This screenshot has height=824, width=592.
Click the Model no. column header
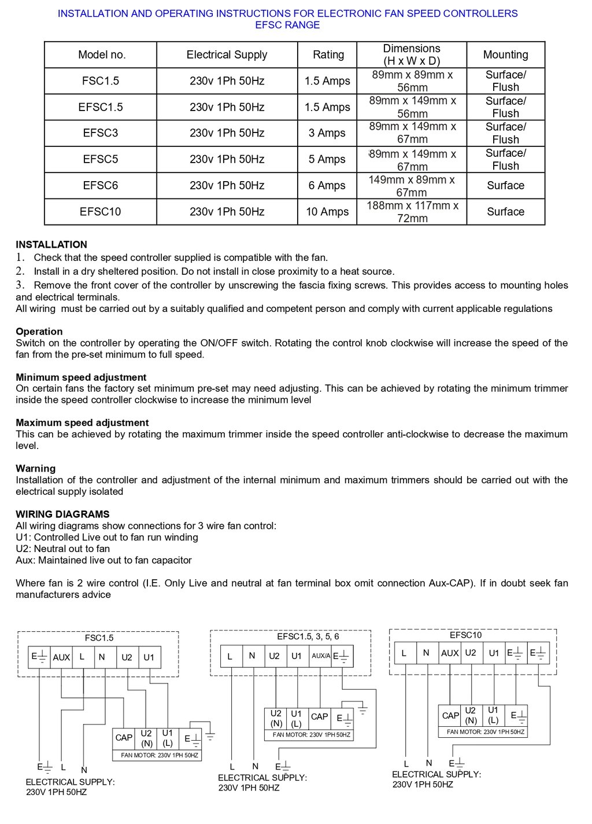click(x=102, y=55)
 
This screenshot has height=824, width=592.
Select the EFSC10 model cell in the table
click(x=101, y=212)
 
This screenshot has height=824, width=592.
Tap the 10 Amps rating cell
click(x=327, y=212)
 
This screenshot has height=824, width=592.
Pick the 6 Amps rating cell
click(x=327, y=186)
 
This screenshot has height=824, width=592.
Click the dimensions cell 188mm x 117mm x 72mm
click(x=412, y=212)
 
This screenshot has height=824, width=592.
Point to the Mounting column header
click(x=505, y=55)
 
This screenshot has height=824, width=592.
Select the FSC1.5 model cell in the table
click(x=101, y=81)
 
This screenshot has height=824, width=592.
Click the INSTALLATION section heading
click(x=51, y=245)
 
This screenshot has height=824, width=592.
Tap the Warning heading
click(x=36, y=469)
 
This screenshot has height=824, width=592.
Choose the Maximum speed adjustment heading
click(x=82, y=423)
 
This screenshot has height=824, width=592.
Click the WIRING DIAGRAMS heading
click(x=62, y=514)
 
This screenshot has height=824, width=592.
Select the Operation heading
click(x=39, y=332)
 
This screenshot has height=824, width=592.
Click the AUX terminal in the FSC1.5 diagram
click(x=61, y=657)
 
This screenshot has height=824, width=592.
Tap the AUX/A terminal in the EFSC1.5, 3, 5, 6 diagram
click(x=320, y=656)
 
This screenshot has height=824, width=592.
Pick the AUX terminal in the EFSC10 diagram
click(x=450, y=653)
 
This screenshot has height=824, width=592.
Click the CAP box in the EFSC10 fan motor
click(x=450, y=716)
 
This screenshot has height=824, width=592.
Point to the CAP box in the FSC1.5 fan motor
click(x=124, y=738)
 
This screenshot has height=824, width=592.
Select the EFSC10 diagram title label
click(x=465, y=635)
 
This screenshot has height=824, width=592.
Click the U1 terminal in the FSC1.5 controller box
click(x=149, y=657)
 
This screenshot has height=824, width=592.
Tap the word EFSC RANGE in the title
click(x=287, y=25)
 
